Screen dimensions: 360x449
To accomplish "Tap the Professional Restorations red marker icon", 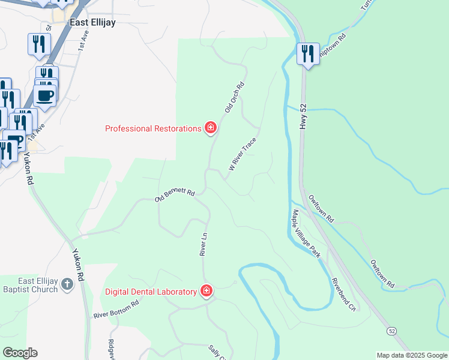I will [x=210, y=128].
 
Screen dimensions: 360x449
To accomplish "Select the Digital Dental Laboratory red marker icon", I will [x=206, y=291].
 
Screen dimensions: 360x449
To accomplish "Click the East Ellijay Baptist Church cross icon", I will [x=67, y=283].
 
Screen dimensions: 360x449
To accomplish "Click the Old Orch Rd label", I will [x=235, y=97].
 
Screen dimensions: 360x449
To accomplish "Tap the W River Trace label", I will [x=242, y=154].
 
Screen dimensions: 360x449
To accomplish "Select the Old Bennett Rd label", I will [x=175, y=195].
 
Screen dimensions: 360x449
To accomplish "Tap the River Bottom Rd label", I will [x=116, y=309].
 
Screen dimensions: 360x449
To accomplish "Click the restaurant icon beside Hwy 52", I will [x=308, y=55].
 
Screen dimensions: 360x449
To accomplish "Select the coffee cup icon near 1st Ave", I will [x=45, y=95].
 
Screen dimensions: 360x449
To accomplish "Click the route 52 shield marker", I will [x=391, y=331].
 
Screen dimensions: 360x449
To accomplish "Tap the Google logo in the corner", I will [x=20, y=353].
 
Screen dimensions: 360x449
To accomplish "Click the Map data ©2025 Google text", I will [x=412, y=355].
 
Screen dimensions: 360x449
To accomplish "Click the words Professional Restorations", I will [x=153, y=128].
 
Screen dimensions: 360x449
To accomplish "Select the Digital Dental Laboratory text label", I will [x=151, y=292].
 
